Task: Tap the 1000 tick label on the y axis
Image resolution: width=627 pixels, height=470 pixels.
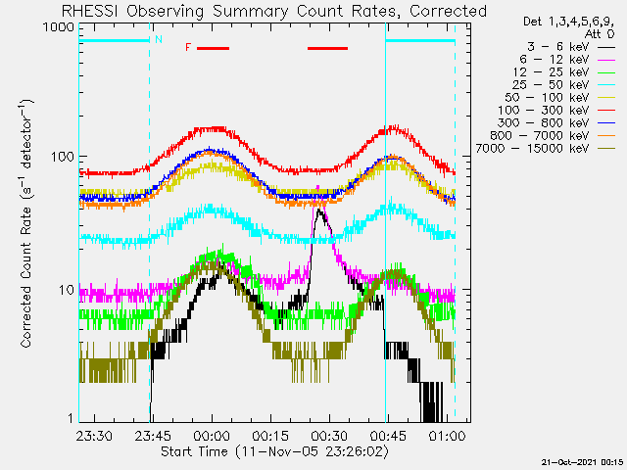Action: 59,27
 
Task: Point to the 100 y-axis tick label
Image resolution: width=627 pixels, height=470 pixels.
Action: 63,157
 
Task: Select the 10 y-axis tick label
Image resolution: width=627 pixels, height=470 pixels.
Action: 67,290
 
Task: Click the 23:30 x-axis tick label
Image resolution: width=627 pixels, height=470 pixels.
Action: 94,435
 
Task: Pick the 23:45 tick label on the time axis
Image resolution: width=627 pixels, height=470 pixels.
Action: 153,435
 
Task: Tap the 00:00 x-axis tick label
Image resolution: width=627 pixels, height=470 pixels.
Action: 212,435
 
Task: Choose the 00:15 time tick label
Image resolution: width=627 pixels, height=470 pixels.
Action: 270,435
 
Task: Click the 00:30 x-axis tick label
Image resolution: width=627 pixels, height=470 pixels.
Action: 330,435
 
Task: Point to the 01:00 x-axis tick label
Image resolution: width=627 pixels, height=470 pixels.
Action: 448,435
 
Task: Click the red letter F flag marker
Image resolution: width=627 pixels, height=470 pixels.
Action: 188,48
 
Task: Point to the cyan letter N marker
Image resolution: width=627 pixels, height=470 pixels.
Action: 159,39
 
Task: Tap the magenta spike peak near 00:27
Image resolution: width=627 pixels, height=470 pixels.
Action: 317,186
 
